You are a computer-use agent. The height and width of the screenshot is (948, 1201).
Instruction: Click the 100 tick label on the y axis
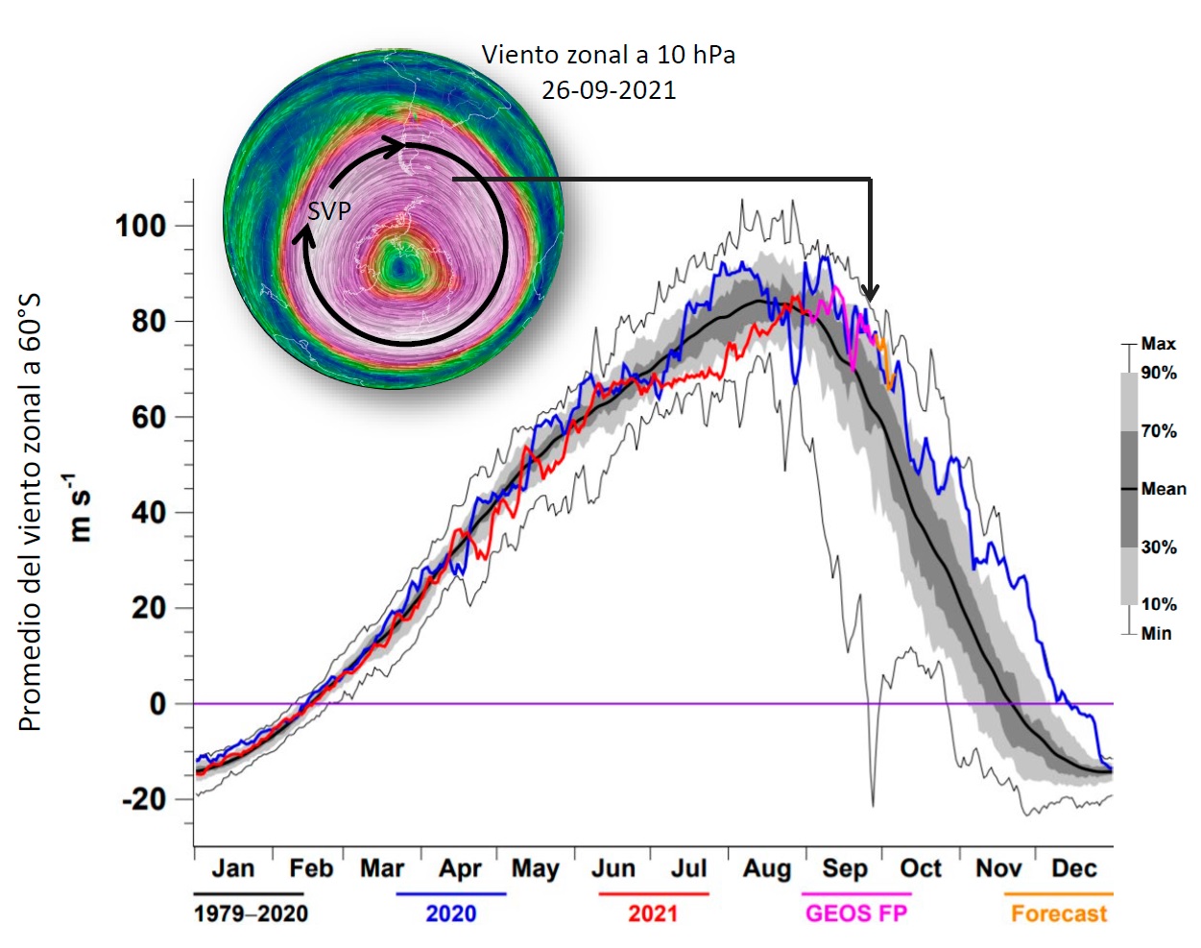(140, 227)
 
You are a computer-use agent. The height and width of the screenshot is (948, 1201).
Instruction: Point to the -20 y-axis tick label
(143, 799)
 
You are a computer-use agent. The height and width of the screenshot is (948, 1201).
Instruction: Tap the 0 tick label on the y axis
(157, 704)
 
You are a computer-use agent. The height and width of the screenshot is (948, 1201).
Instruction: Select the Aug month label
(767, 869)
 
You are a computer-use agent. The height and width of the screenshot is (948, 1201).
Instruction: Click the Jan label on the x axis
(233, 868)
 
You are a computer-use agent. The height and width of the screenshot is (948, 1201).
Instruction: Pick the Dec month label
(1073, 868)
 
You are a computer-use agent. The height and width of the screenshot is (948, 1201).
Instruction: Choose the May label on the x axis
(535, 869)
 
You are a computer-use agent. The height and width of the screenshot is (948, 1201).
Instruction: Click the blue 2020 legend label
(450, 913)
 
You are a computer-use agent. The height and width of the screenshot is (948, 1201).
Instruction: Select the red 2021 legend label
(653, 913)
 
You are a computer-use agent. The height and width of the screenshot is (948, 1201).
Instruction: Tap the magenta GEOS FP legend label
(856, 913)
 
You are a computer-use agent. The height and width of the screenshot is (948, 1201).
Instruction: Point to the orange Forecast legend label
(1059, 913)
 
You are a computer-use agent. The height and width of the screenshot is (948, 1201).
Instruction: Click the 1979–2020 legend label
(251, 913)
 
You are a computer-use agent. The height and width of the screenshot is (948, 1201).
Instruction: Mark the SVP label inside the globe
(329, 211)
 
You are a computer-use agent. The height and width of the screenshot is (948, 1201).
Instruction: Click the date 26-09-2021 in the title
(609, 90)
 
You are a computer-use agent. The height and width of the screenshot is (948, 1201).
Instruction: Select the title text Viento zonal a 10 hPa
(609, 55)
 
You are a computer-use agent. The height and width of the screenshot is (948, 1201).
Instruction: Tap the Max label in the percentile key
(1158, 344)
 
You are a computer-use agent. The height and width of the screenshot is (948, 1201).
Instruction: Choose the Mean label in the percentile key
(1164, 489)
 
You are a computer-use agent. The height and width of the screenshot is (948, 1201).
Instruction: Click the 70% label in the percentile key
(1159, 431)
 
